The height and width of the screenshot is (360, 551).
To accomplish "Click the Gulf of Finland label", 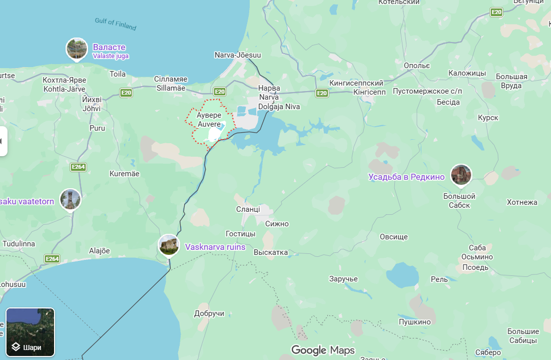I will point(116,24).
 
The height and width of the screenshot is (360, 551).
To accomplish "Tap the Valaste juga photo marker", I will point(77,49).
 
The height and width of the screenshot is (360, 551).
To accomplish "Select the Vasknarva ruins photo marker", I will point(169,245).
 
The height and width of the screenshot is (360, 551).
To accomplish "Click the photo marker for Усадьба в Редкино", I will point(461,175).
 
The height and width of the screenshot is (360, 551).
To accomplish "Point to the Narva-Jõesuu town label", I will point(238,55).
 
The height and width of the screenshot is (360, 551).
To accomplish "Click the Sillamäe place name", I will point(170,88).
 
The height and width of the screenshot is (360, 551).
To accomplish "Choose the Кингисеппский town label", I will point(356,83).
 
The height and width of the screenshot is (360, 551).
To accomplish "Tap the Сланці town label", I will point(248,209).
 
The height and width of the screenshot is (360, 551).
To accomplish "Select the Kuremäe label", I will point(124,174).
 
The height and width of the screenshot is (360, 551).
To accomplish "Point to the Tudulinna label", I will point(19,244).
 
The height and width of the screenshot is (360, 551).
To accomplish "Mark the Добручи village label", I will point(209,313).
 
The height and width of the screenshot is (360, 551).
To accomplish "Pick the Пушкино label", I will point(414,321).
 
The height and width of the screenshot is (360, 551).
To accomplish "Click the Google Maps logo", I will point(323,350).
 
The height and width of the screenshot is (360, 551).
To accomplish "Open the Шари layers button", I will point(30,332).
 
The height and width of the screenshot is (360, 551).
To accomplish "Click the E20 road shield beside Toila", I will point(126,93).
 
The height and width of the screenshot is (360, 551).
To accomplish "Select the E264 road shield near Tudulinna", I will point(52,259).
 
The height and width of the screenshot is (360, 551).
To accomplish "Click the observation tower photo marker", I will point(70,199).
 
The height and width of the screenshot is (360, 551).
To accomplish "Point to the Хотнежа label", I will point(522,202).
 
